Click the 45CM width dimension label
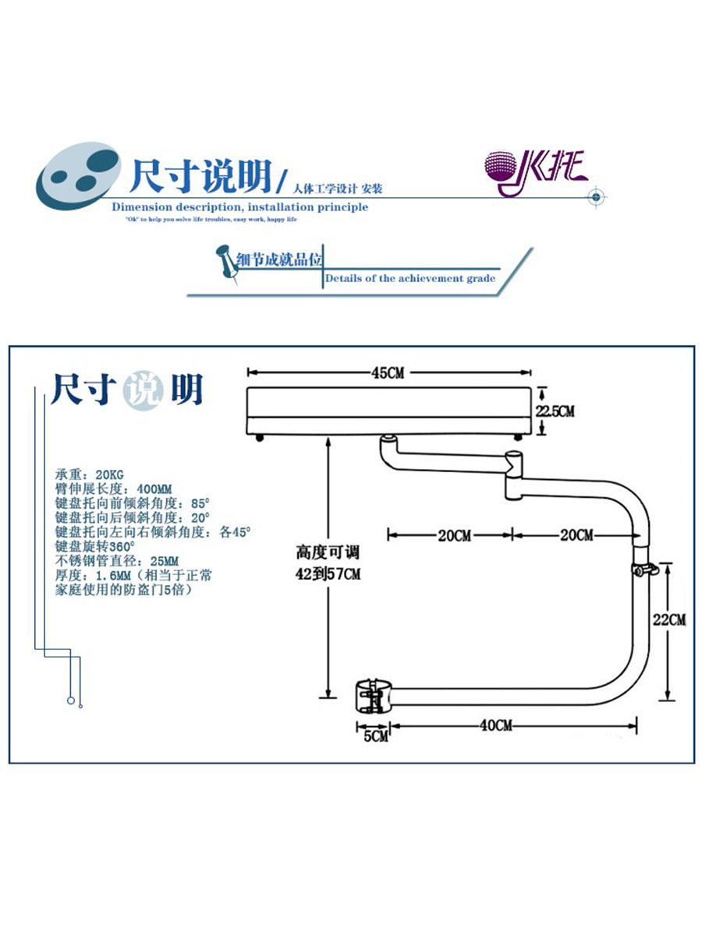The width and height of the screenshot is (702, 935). [388, 373]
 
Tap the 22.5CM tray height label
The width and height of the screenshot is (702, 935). [555, 411]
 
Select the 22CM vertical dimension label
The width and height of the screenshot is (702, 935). [668, 620]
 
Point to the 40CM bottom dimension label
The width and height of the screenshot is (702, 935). [497, 725]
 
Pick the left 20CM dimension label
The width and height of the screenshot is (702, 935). [453, 535]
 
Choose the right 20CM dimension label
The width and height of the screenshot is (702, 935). [576, 535]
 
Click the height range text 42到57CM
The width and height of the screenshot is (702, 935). [328, 574]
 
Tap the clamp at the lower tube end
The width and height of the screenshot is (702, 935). [372, 696]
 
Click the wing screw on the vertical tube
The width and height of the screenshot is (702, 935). [647, 570]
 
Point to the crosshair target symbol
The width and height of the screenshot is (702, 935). [596, 197]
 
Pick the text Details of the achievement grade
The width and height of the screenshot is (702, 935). [410, 278]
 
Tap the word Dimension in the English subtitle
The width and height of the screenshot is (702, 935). [141, 207]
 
